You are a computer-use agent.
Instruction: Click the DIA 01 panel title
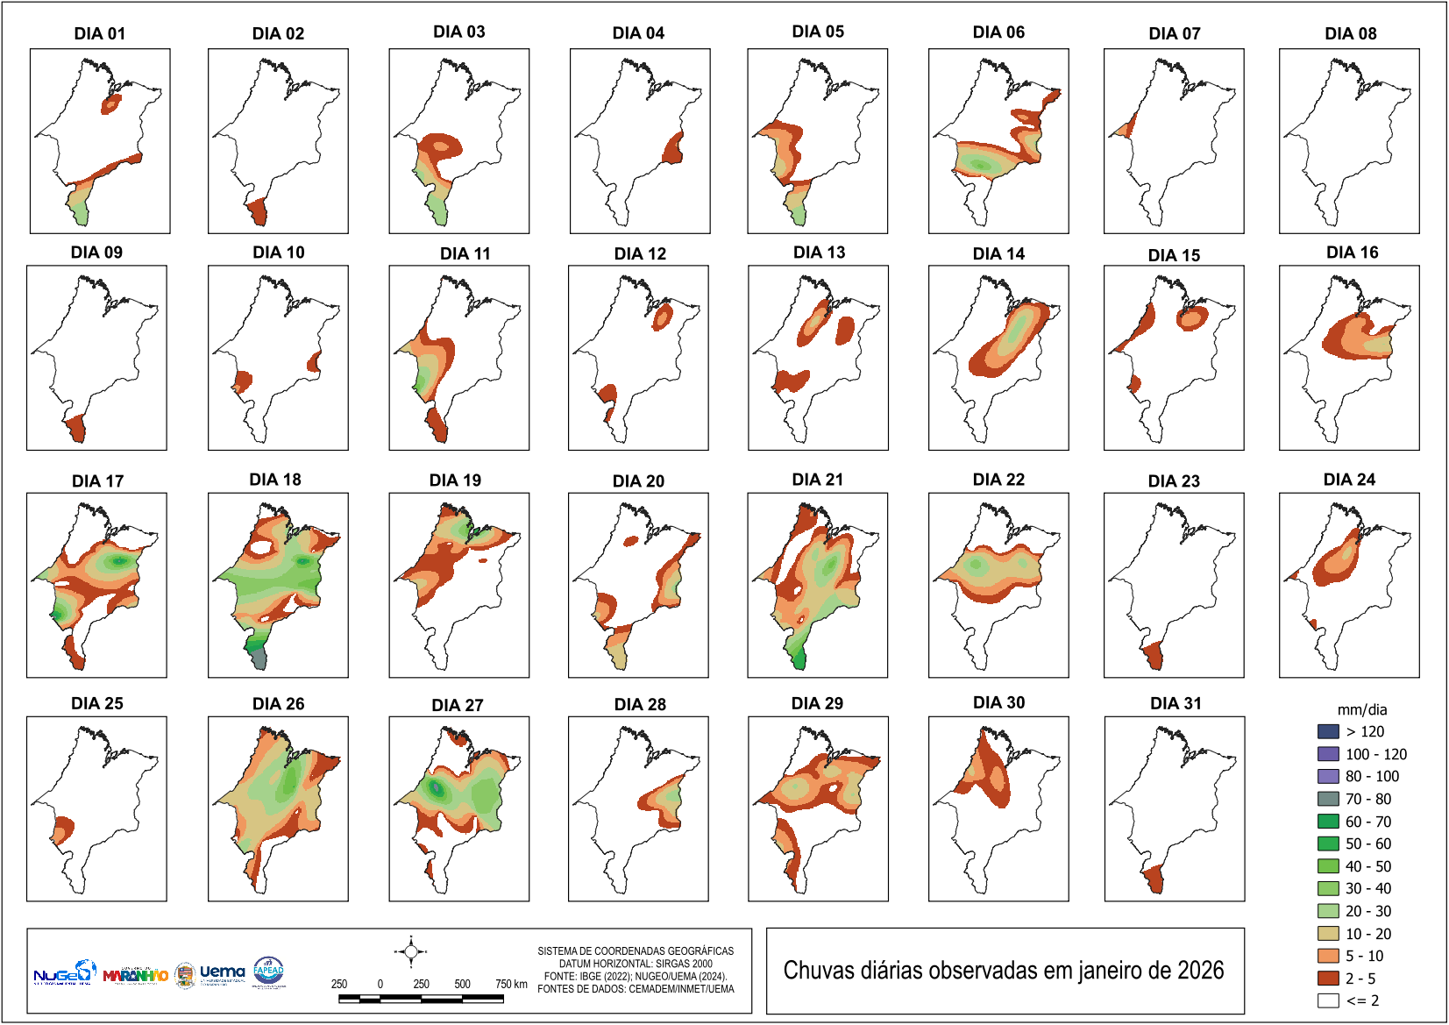point(99,33)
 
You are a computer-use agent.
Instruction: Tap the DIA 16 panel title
point(1352,253)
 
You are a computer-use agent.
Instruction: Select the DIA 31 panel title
point(1176,703)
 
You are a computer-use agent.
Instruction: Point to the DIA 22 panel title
point(998,480)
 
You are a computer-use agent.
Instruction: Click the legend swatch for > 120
point(1328,731)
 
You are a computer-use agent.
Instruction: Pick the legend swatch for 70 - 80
point(1328,799)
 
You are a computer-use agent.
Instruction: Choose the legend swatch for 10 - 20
point(1328,934)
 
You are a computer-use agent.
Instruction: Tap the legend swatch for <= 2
point(1328,1000)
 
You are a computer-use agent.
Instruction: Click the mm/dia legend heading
point(1361,710)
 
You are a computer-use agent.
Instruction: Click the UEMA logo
point(222,972)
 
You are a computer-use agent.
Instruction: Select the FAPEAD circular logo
point(268,972)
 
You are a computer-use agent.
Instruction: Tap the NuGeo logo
point(63,973)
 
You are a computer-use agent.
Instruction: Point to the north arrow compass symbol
point(411,951)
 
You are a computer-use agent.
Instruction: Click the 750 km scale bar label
point(511,984)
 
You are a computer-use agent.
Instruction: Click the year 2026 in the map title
point(1200,971)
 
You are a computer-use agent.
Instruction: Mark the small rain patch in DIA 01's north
point(111,104)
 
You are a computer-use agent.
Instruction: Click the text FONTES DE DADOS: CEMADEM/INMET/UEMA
point(636,989)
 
